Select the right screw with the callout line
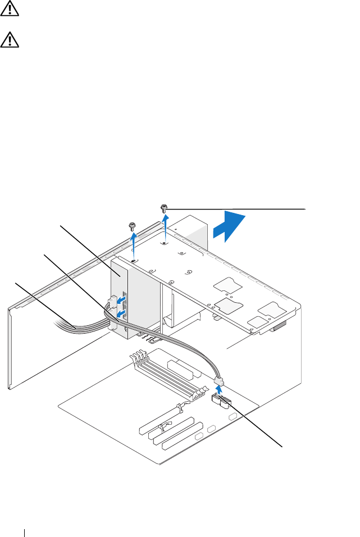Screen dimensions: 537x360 coord(164,208)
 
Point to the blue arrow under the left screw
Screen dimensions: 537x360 coord(133,245)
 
